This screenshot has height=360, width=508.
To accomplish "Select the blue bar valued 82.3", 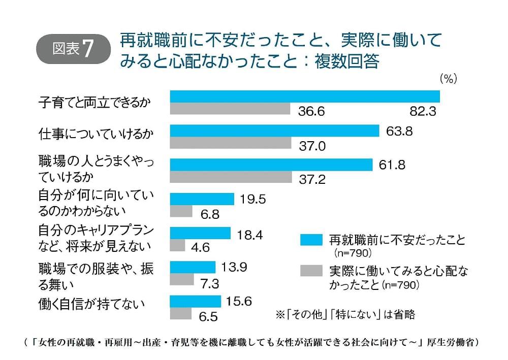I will click(x=305, y=96).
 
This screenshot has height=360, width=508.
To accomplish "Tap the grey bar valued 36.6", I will click(x=230, y=109).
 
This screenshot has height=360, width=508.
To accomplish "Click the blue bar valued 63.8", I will click(x=274, y=131).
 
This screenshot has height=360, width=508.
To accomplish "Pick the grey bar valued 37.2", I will click(x=231, y=177).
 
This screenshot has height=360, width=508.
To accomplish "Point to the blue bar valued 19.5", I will click(x=202, y=199).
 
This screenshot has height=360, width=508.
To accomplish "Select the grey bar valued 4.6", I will click(x=177, y=246).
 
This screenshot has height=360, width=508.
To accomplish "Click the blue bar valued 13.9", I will click(x=193, y=267).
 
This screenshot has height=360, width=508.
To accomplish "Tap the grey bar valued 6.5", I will click(x=180, y=314).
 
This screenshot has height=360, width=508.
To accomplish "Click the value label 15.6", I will click(x=239, y=302).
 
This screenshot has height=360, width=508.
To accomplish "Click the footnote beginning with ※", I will click(x=345, y=315).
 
